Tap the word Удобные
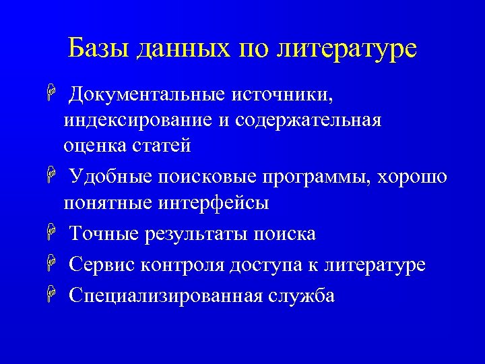click(110, 177)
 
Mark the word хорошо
click(413, 177)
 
